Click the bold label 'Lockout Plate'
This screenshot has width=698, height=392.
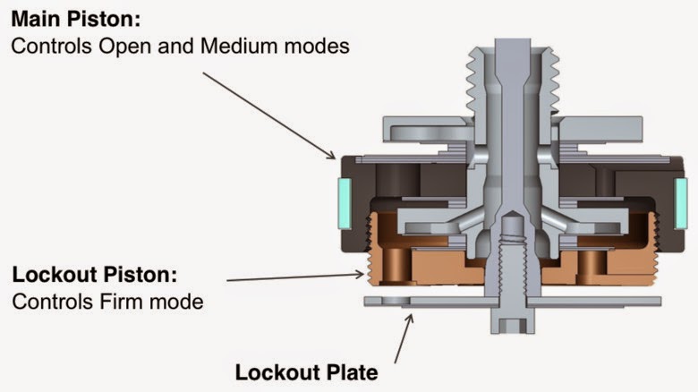click(x=306, y=371)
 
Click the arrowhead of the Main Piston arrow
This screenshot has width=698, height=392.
click(x=332, y=158)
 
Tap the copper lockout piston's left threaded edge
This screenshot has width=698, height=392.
click(x=372, y=256)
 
